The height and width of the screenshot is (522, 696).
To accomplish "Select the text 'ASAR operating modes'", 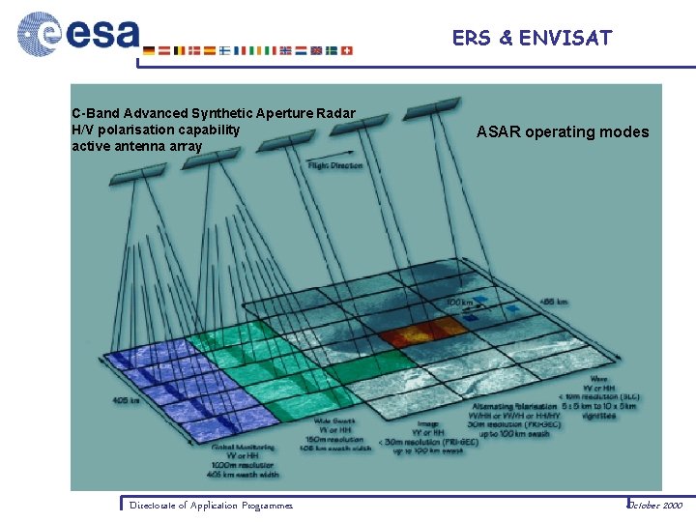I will (x=563, y=131).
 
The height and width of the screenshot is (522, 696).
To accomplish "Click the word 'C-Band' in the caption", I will (x=95, y=114).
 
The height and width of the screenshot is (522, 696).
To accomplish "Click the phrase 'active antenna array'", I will (x=136, y=146).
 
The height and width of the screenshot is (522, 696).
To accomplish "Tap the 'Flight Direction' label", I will (x=334, y=165).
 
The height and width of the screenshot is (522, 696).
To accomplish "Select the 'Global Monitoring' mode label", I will (x=243, y=447).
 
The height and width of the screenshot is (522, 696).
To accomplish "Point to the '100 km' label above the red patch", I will (x=459, y=304).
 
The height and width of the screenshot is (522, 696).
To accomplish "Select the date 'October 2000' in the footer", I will (x=655, y=505).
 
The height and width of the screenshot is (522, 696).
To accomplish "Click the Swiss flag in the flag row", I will (x=347, y=50).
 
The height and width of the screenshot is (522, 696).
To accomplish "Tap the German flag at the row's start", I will (x=148, y=50).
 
